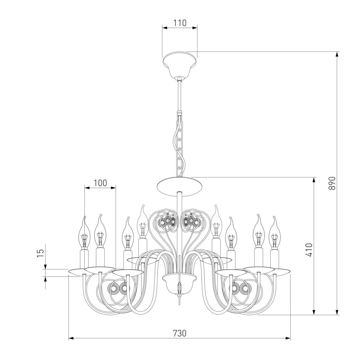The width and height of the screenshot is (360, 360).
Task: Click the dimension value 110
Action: [x=180, y=23]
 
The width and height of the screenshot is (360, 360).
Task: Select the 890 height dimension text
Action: [x=332, y=183]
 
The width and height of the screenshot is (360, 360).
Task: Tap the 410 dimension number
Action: [x=309, y=250]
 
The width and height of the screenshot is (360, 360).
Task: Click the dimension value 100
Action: [x=100, y=183]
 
